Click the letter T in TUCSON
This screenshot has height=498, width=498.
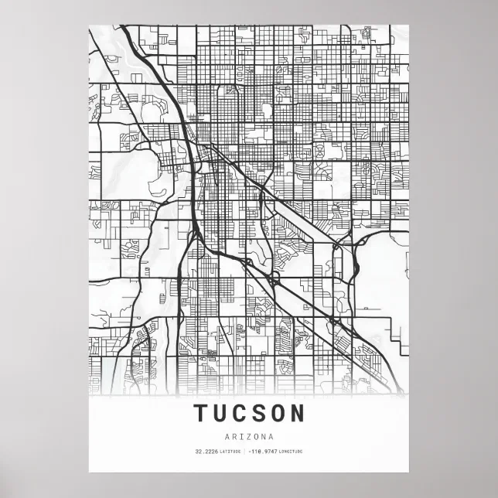200,413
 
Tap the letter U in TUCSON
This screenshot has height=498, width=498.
220,413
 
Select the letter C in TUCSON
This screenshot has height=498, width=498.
240,413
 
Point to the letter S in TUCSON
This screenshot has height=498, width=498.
259,413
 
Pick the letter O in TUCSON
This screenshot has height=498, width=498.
278,413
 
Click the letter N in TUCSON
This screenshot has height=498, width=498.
298,413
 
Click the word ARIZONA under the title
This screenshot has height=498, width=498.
249,435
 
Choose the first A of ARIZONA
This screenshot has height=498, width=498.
228,435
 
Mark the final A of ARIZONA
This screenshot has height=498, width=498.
270,435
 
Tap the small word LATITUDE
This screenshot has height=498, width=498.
230,452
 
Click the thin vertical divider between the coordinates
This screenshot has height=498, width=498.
244,452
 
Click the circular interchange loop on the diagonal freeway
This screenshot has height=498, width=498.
275,276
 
